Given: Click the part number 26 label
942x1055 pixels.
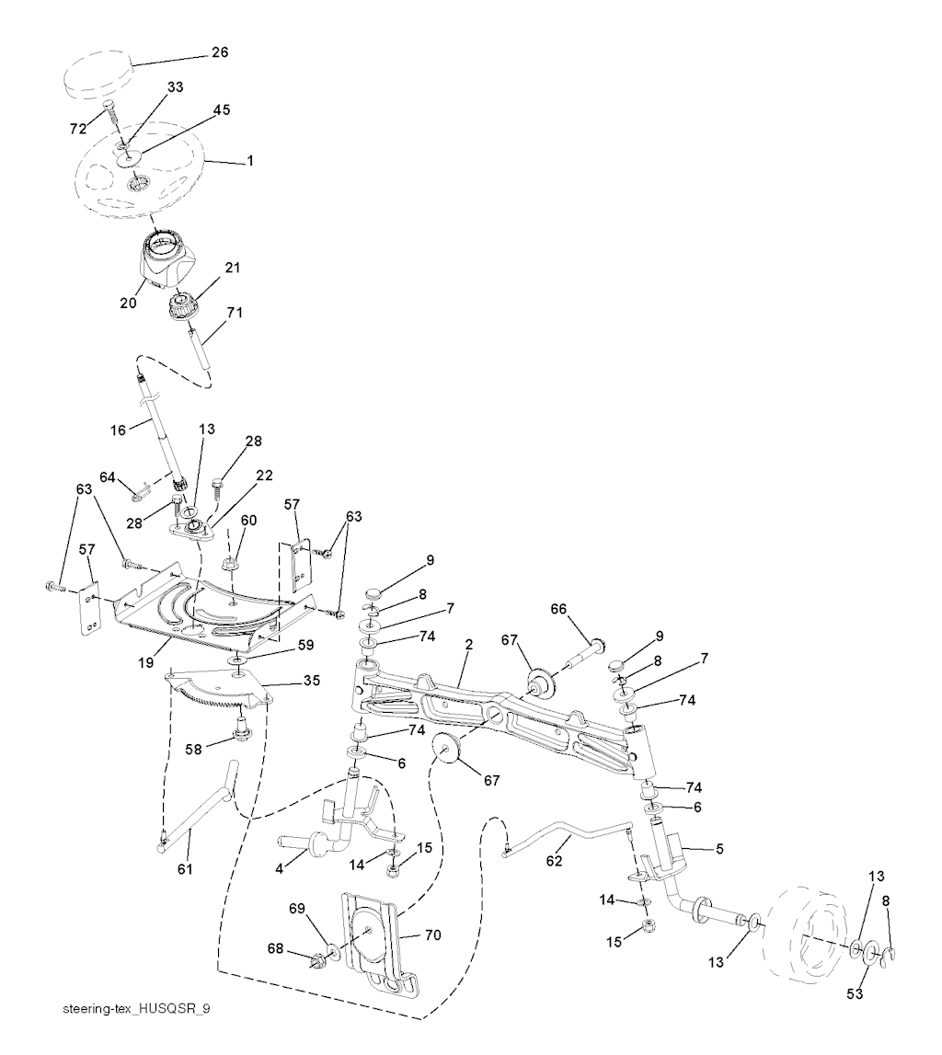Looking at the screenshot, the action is click(220, 52).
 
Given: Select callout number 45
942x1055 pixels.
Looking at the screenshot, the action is click(222, 109).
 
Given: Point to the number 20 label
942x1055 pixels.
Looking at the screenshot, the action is click(128, 303).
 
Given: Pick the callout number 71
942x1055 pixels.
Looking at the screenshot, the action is click(235, 312).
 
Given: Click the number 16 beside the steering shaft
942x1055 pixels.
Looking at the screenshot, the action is click(118, 430).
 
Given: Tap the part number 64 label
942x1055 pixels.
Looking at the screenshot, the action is click(108, 477).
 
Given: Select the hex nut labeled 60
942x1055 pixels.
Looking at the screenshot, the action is click(230, 564).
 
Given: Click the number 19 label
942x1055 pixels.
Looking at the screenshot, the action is click(146, 663).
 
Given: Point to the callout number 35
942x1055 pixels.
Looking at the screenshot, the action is click(312, 681).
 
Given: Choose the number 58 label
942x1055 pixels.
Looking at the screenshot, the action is click(193, 749).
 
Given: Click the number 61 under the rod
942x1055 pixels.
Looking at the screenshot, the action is click(184, 869).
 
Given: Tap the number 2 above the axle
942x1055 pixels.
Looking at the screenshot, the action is click(469, 645).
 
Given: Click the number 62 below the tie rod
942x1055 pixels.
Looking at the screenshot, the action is click(554, 861).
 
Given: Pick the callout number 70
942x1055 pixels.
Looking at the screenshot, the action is click(432, 935).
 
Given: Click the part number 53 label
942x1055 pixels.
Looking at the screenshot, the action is click(855, 993).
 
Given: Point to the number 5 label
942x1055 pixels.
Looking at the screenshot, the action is click(719, 849).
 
